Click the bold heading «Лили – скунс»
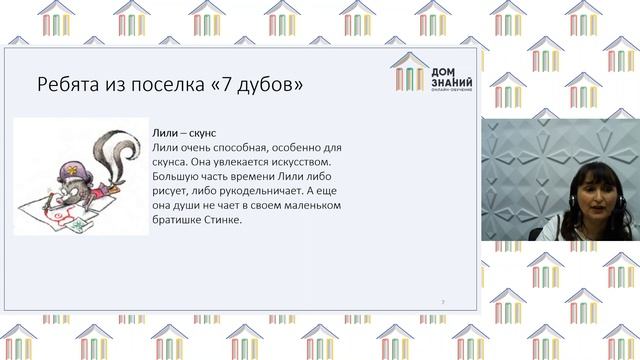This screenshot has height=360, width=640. pos(184,132)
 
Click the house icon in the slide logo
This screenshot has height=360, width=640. pos(407,73)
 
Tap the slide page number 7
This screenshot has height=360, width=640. pos(443,301)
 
